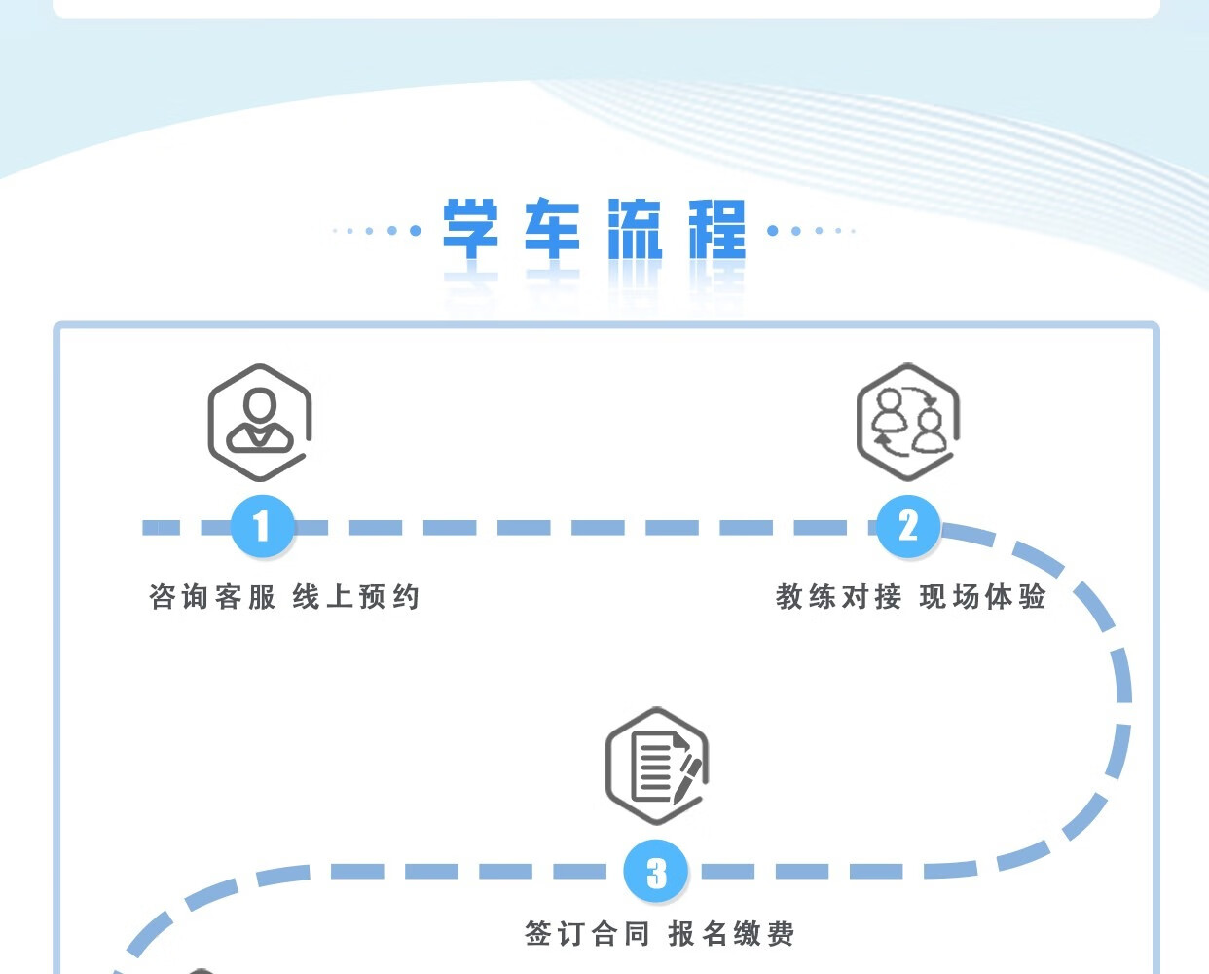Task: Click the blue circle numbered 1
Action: [262, 527]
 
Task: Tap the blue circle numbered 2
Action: [907, 527]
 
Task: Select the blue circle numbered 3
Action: [656, 872]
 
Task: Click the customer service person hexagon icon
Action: [260, 422]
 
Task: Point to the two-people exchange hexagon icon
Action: [907, 422]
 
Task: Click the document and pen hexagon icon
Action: [657, 767]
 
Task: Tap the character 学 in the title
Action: [471, 230]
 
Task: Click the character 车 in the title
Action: [552, 230]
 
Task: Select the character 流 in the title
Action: [635, 230]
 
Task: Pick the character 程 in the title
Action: [717, 230]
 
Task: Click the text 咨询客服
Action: [213, 596]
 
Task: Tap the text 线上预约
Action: [356, 596]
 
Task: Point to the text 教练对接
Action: [839, 596]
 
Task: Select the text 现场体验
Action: [982, 596]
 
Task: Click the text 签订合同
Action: [587, 934]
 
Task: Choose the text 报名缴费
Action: [731, 934]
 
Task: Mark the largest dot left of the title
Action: [416, 231]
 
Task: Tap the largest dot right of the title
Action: [773, 231]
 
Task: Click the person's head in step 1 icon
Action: [260, 404]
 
